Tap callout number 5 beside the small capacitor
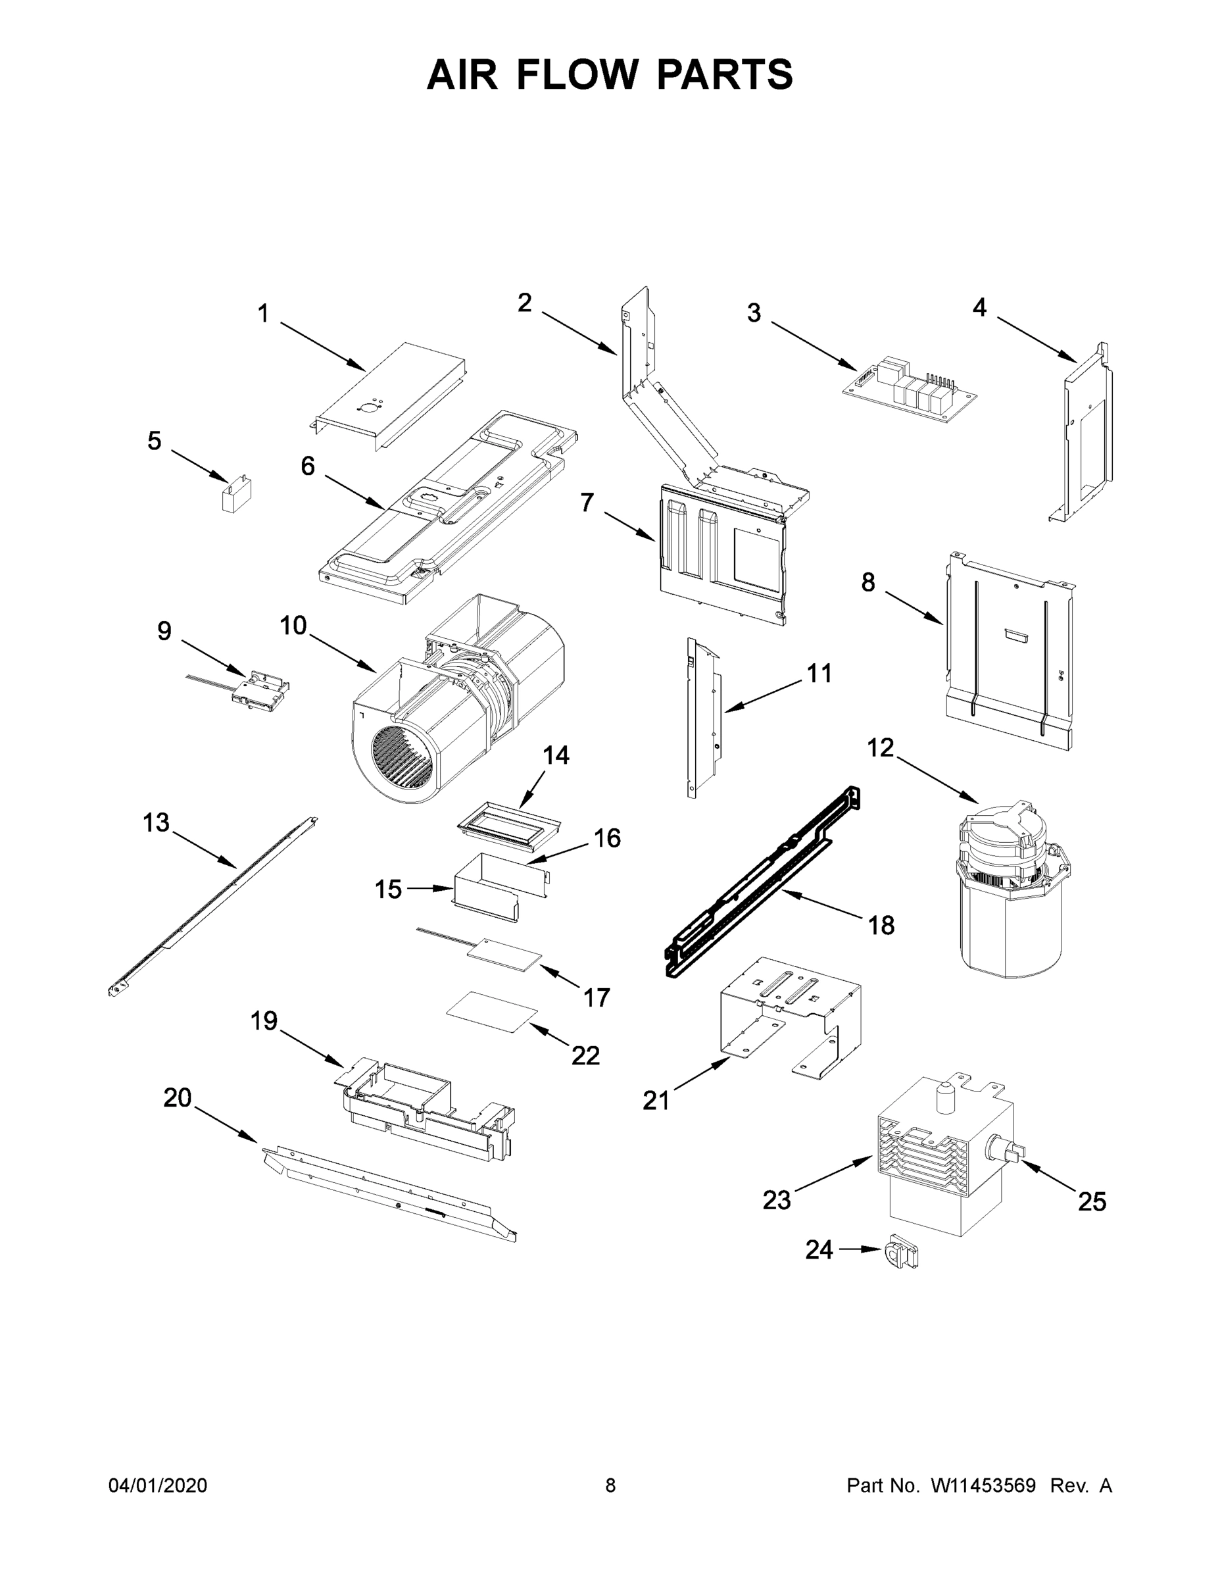pos(154,440)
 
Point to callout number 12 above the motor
pos(881,747)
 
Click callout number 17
pos(597,997)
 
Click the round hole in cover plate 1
pos(368,408)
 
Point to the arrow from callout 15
pos(430,889)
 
